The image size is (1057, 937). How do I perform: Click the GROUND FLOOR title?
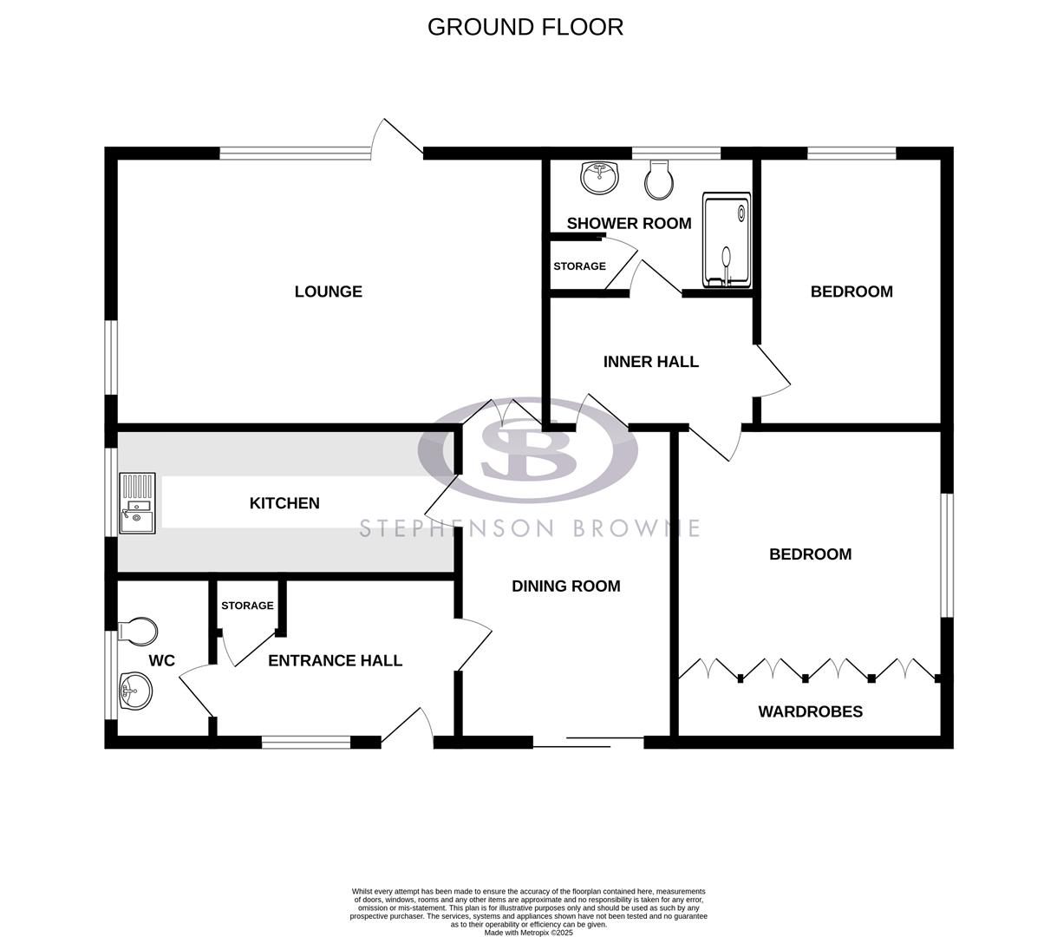click(x=525, y=27)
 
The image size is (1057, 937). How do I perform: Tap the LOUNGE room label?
click(x=328, y=292)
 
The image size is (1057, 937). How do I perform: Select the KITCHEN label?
click(x=284, y=503)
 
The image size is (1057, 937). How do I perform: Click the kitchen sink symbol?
click(x=137, y=503)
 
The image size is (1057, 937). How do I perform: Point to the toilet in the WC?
click(x=139, y=632)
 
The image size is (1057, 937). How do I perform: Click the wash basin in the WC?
click(x=135, y=691)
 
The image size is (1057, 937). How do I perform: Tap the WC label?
click(x=161, y=661)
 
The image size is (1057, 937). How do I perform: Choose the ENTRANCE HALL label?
click(x=335, y=661)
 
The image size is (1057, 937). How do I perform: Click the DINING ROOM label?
click(x=565, y=586)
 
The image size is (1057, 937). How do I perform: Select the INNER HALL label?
click(x=650, y=362)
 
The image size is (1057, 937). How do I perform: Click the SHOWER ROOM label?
click(x=629, y=224)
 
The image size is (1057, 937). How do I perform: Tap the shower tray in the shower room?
click(x=726, y=239)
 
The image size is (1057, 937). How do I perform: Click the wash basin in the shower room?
click(x=599, y=177)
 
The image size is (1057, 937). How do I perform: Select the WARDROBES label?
click(x=810, y=712)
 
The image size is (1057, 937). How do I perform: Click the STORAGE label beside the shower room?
click(x=579, y=266)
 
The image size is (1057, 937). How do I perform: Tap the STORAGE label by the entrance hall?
click(x=247, y=606)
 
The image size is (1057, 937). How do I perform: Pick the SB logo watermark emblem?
click(x=527, y=449)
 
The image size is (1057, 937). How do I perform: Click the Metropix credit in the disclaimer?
click(x=528, y=933)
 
